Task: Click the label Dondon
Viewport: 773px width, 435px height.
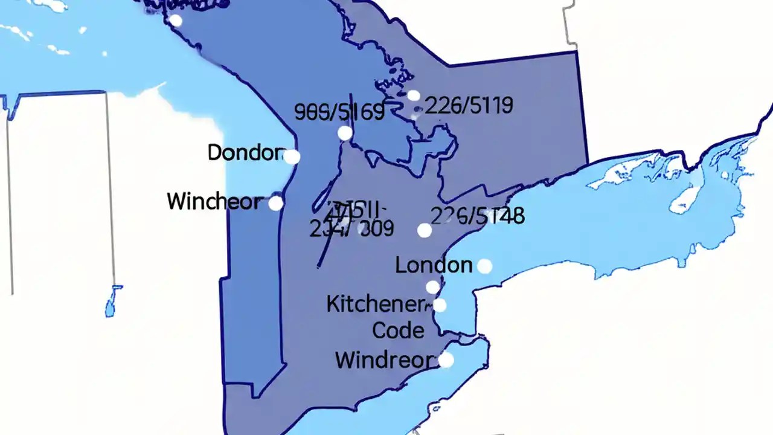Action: click(245, 153)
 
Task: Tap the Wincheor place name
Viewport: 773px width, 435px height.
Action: click(214, 201)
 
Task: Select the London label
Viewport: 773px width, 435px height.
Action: click(434, 265)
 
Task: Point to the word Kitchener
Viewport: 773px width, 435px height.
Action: click(374, 304)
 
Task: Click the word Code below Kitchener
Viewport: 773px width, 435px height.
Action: click(398, 330)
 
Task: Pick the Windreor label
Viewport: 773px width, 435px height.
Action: click(385, 361)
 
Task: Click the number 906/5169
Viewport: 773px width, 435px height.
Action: click(339, 112)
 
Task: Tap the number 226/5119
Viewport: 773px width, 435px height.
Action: click(469, 106)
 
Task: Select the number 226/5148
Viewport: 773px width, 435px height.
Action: click(477, 216)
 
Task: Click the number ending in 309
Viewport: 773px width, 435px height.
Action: click(352, 228)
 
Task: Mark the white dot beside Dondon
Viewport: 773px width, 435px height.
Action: click(292, 157)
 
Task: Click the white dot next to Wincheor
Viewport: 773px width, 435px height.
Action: click(275, 204)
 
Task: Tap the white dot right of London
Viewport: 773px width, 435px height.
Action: click(484, 266)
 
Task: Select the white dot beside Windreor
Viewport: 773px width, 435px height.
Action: click(446, 360)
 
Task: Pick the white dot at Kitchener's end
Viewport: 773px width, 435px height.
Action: click(440, 305)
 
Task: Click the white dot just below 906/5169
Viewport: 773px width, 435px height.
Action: click(345, 133)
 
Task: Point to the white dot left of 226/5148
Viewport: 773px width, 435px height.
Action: click(425, 230)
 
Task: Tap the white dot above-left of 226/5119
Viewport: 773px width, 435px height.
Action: click(414, 95)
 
